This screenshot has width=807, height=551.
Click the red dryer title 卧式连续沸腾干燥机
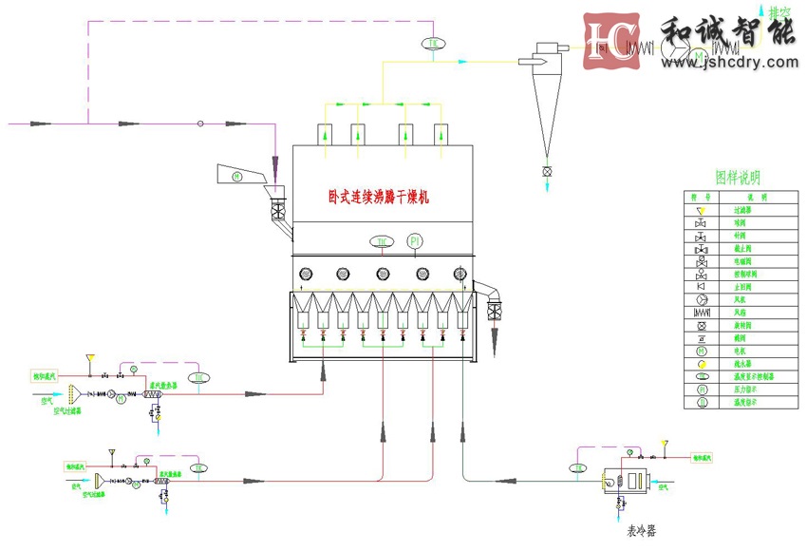379,198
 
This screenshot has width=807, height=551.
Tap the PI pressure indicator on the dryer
415,242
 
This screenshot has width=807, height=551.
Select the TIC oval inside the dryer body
382,242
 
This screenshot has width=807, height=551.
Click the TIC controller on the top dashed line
434,44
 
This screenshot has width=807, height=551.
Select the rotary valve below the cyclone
546,171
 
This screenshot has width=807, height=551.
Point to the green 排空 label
780,13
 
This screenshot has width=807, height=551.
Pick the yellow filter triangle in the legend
701,209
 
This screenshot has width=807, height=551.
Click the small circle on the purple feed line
200,123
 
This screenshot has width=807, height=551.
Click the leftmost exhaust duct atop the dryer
327,134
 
